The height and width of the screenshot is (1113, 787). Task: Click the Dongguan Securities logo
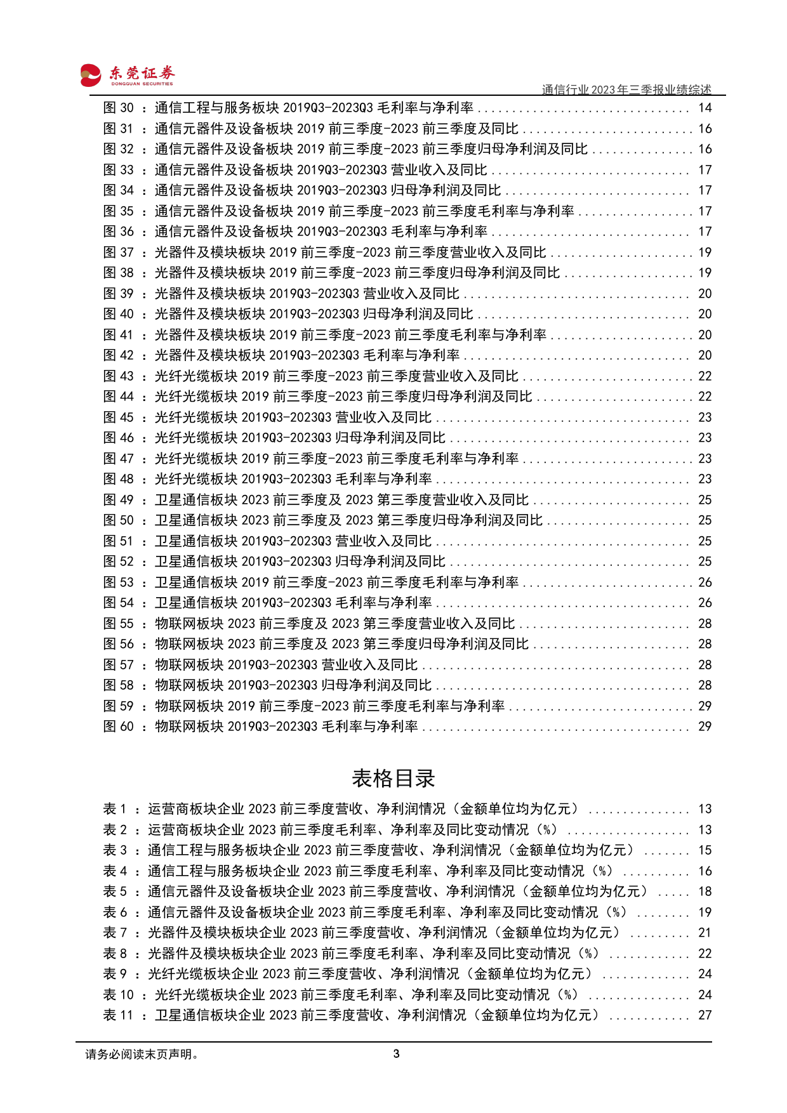(x=126, y=75)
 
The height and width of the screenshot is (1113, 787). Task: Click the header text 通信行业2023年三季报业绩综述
(x=626, y=89)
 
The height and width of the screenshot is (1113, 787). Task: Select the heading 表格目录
(x=393, y=778)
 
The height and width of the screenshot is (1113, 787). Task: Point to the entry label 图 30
(x=119, y=108)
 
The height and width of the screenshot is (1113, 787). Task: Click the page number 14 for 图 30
(x=704, y=108)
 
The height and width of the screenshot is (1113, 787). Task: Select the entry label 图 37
(x=119, y=253)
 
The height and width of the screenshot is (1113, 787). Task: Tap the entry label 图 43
(x=119, y=376)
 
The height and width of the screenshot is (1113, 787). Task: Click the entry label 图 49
(x=119, y=500)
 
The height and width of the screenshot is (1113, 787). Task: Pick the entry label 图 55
(x=119, y=624)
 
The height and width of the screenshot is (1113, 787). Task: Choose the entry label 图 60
(x=119, y=727)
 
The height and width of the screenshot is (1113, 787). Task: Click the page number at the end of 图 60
(x=704, y=727)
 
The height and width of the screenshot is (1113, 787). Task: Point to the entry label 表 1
(x=115, y=809)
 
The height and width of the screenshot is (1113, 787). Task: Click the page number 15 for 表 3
(x=704, y=850)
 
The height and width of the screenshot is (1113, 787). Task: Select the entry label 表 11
(x=119, y=1015)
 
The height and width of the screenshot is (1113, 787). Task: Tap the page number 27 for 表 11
(x=704, y=1015)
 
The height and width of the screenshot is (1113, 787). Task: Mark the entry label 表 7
(x=115, y=933)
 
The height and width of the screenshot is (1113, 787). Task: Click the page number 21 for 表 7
(x=704, y=933)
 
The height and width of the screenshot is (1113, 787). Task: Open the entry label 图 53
(x=119, y=583)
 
